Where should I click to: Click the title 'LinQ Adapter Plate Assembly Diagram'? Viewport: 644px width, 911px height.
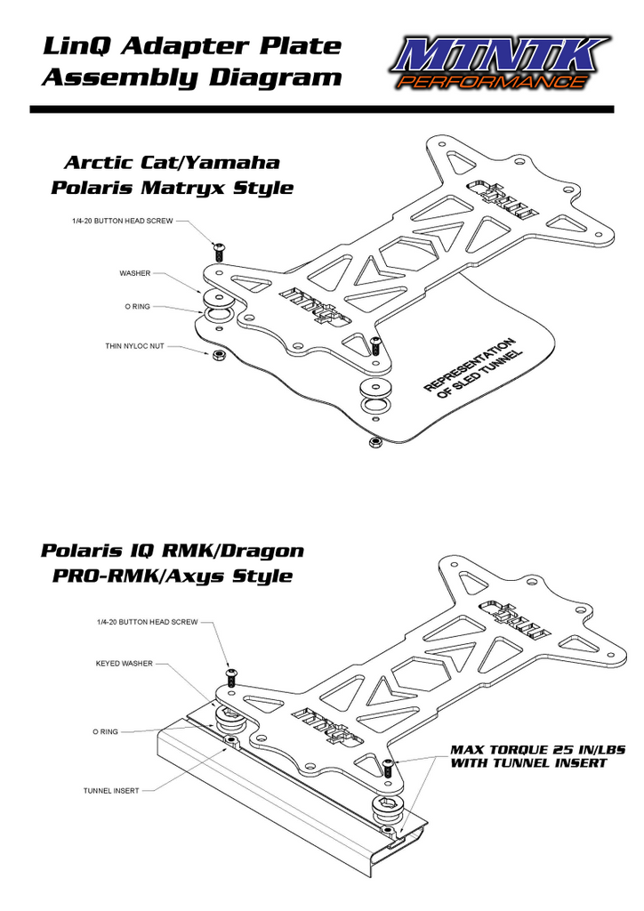point(191,60)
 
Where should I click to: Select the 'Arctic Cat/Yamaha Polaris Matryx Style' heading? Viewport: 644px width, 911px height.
point(172,174)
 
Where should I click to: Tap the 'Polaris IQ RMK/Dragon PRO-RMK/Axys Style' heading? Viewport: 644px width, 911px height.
point(172,562)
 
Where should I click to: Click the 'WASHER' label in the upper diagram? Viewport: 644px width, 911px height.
point(135,273)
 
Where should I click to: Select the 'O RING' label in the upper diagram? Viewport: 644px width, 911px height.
point(137,306)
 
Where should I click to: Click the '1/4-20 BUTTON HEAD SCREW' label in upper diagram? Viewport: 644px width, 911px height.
point(123,220)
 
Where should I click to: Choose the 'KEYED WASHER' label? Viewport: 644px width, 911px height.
point(124,663)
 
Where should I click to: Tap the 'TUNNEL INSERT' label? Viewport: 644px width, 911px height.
point(111,790)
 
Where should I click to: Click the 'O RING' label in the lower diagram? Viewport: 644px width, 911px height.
point(106,732)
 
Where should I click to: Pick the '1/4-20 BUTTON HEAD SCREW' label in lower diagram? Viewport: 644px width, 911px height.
point(147,622)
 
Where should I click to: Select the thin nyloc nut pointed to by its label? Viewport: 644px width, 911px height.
point(216,356)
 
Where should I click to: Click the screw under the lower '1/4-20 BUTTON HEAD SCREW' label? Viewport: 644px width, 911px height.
point(230,677)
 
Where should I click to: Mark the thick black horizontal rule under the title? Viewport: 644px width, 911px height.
point(321,109)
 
